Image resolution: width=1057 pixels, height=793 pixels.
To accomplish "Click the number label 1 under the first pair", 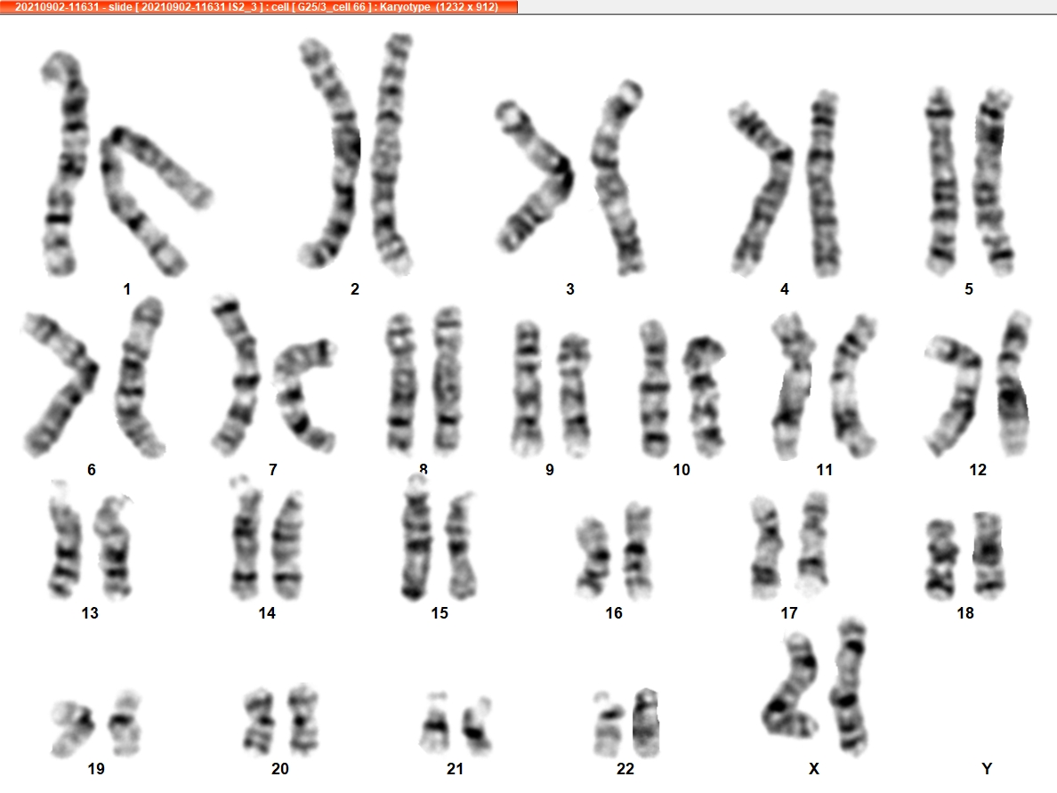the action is coord(126,289).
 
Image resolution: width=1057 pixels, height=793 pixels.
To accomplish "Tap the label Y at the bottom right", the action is coord(987,769).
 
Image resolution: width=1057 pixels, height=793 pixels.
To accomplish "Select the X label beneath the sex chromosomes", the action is coord(813,769).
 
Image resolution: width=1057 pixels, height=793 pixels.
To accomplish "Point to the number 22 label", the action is coord(625,769).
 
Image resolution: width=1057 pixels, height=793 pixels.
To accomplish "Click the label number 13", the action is coord(90,613).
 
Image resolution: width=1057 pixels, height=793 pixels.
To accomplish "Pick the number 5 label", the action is coord(969,289).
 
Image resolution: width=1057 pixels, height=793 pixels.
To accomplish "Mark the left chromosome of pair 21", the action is coord(436,724).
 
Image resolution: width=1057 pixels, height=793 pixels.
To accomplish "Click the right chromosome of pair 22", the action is coord(645,723).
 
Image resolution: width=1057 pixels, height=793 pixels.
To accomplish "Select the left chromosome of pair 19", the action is coord(73,728).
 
